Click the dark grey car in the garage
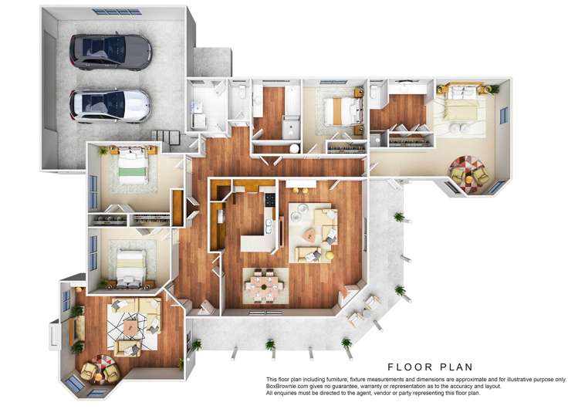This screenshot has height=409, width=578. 111,52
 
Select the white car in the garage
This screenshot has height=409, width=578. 110,105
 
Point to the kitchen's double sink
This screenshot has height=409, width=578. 268,227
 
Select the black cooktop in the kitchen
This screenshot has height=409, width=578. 269,200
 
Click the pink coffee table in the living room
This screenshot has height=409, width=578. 309,234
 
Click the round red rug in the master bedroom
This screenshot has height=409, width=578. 468,170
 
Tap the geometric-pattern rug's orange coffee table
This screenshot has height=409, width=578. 130,327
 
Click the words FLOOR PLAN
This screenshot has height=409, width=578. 430,367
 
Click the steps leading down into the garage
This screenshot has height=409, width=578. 167,137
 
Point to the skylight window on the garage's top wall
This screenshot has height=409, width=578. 117,12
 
